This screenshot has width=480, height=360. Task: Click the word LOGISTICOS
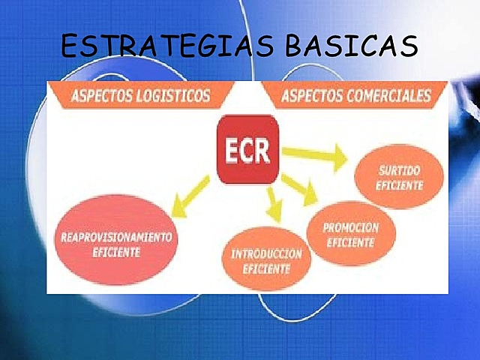(x=178, y=96)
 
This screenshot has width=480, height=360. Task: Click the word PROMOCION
(x=350, y=226)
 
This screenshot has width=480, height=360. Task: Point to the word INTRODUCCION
(x=265, y=253)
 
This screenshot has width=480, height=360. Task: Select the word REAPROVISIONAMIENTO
(x=115, y=237)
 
